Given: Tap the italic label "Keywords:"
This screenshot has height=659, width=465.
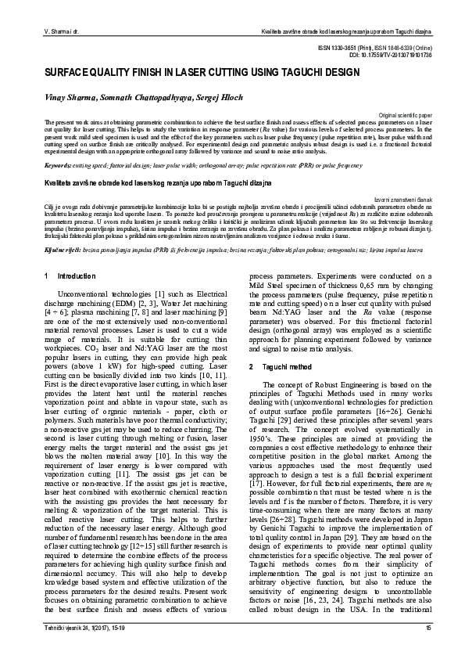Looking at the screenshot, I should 59,166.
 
